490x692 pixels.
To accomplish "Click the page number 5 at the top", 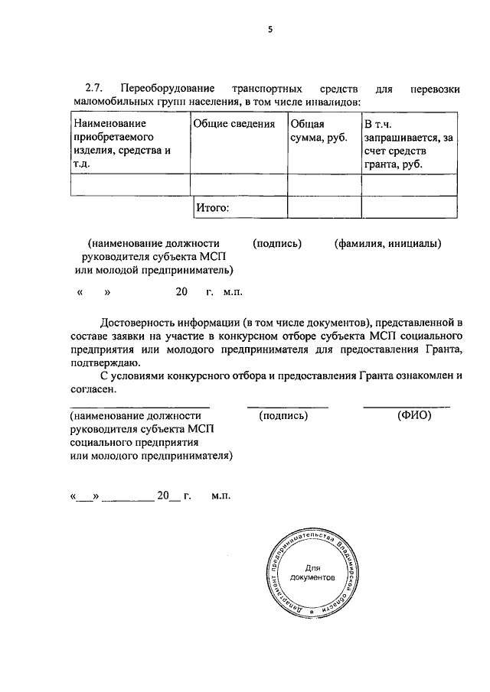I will (x=269, y=30).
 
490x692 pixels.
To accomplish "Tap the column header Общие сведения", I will (x=234, y=124).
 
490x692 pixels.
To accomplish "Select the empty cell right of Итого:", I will (x=324, y=206).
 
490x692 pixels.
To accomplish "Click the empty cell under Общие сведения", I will (x=238, y=184).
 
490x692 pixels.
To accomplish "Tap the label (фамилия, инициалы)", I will (x=387, y=244).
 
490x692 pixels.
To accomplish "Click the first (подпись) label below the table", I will (x=277, y=244).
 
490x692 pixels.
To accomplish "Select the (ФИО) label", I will (x=415, y=416).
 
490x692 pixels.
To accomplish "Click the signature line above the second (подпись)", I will (x=287, y=407).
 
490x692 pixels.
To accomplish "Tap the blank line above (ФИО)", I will (x=406, y=407).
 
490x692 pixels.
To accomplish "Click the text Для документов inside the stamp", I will (x=311, y=573).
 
